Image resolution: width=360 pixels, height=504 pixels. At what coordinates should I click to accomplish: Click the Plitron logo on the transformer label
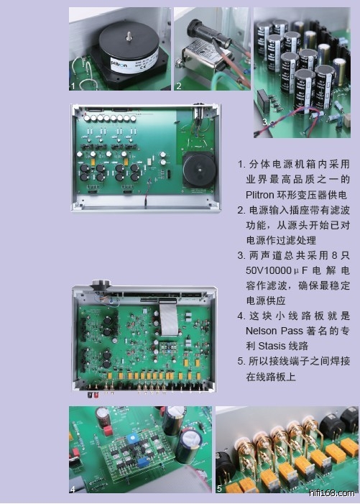click(x=119, y=62)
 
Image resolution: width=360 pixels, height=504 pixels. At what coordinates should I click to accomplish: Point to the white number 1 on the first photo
click(x=73, y=86)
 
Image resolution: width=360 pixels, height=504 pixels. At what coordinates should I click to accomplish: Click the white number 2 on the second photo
click(x=179, y=86)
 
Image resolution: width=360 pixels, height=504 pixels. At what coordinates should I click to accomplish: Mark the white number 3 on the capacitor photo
click(x=264, y=122)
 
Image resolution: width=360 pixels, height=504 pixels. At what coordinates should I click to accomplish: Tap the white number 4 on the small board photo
click(x=73, y=489)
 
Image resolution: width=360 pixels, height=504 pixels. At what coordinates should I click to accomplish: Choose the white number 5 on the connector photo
click(x=219, y=489)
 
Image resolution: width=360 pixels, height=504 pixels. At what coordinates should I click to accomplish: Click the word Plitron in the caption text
click(x=260, y=195)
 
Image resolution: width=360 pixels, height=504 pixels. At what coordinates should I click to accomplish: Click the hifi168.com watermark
click(x=332, y=493)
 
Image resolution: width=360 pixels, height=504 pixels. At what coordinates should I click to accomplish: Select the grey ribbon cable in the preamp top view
click(x=169, y=319)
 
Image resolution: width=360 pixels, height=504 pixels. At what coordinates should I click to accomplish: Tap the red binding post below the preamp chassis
click(x=91, y=395)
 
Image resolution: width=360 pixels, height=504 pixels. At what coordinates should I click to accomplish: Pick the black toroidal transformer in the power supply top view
click(x=199, y=169)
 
